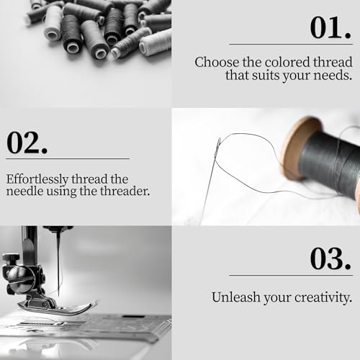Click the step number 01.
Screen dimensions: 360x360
(x=330, y=27)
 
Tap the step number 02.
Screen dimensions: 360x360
(x=27, y=143)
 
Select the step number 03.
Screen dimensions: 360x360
(x=330, y=258)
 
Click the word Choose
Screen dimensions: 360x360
(x=217, y=63)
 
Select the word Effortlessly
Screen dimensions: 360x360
(x=37, y=179)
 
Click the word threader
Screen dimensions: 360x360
(x=125, y=192)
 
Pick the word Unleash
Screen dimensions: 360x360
(x=236, y=297)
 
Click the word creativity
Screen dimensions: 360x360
(x=323, y=298)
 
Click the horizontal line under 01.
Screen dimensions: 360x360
(x=291, y=44)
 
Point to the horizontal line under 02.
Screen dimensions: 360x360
(x=68, y=158)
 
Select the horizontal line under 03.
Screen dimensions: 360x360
(x=291, y=275)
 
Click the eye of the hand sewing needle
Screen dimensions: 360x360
(x=218, y=145)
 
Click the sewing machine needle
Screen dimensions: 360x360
(x=58, y=261)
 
